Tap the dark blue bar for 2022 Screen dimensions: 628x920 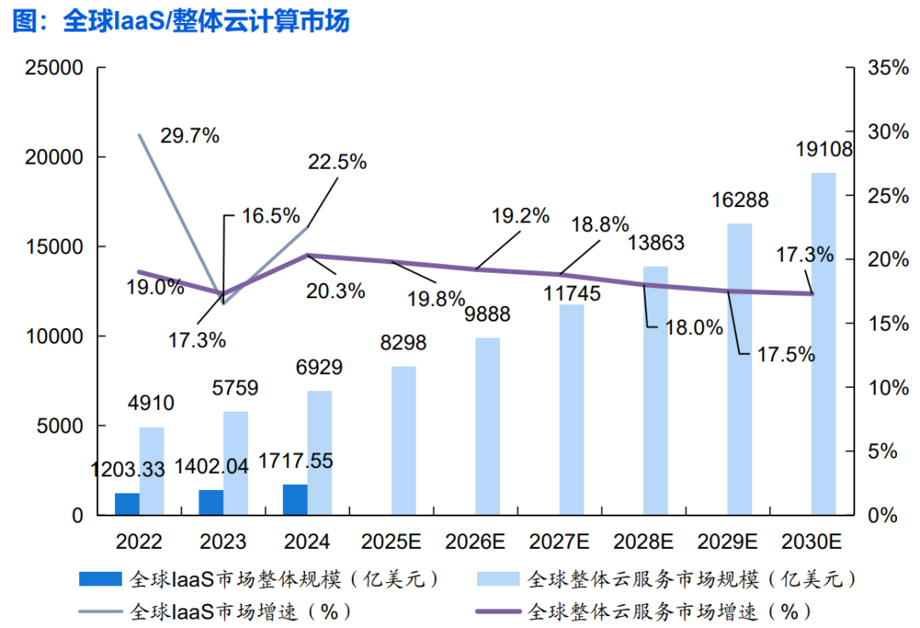coord(127,504)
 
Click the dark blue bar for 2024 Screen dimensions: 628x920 coord(295,499)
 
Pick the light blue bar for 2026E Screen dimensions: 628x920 coord(487,426)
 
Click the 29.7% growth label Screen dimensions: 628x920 coord(190,135)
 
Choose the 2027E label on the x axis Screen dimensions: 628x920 coord(559,542)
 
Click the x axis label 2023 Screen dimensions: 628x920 coord(223,542)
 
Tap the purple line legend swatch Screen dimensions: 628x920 coord(496,611)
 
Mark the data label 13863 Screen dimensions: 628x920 coord(656,243)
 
